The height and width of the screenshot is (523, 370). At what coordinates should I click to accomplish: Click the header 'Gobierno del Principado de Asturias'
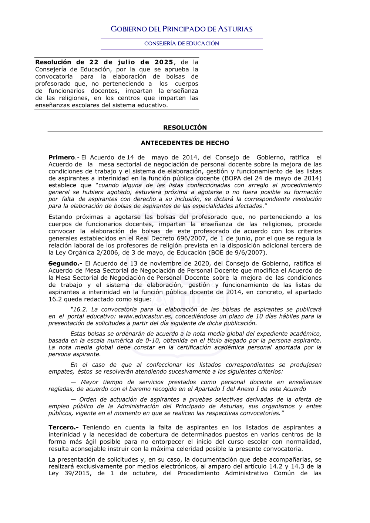tap(182, 29)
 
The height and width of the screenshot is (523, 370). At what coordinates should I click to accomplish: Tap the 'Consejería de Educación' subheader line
tap(182, 44)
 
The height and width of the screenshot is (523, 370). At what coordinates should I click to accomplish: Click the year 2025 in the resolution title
tap(164, 62)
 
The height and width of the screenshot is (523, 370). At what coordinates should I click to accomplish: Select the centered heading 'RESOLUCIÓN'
tap(185, 128)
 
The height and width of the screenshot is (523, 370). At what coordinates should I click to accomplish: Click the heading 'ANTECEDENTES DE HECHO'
tap(185, 143)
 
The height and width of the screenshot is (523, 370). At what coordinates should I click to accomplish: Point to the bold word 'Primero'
tap(61, 158)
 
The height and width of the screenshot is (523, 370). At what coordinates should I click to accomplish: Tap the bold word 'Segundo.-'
tap(65, 264)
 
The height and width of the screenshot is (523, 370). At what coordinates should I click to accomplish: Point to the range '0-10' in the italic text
tap(152, 341)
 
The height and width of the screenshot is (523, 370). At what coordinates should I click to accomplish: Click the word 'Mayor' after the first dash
tap(90, 382)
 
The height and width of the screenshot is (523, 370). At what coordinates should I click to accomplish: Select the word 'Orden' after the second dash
tap(88, 400)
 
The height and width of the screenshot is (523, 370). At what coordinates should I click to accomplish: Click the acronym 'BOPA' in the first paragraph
tap(231, 178)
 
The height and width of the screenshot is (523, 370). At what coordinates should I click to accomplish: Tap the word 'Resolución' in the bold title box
tap(53, 62)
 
